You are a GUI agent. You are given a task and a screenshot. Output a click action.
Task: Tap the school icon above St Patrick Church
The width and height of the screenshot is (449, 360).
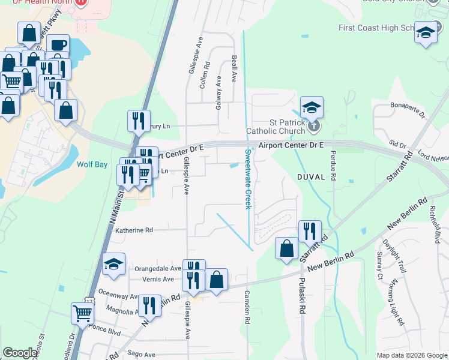point(312,108)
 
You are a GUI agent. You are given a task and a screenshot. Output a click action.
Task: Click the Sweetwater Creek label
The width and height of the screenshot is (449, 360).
point(247,179)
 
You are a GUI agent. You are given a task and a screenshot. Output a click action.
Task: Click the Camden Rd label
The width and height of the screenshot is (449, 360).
point(247,307)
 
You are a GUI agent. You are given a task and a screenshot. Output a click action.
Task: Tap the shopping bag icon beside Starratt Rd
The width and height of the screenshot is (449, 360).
point(287,248)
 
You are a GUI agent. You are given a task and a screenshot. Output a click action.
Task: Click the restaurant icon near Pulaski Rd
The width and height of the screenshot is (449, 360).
point(310,232)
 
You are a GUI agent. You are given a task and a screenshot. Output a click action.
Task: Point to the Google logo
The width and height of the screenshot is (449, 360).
point(20,353)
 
